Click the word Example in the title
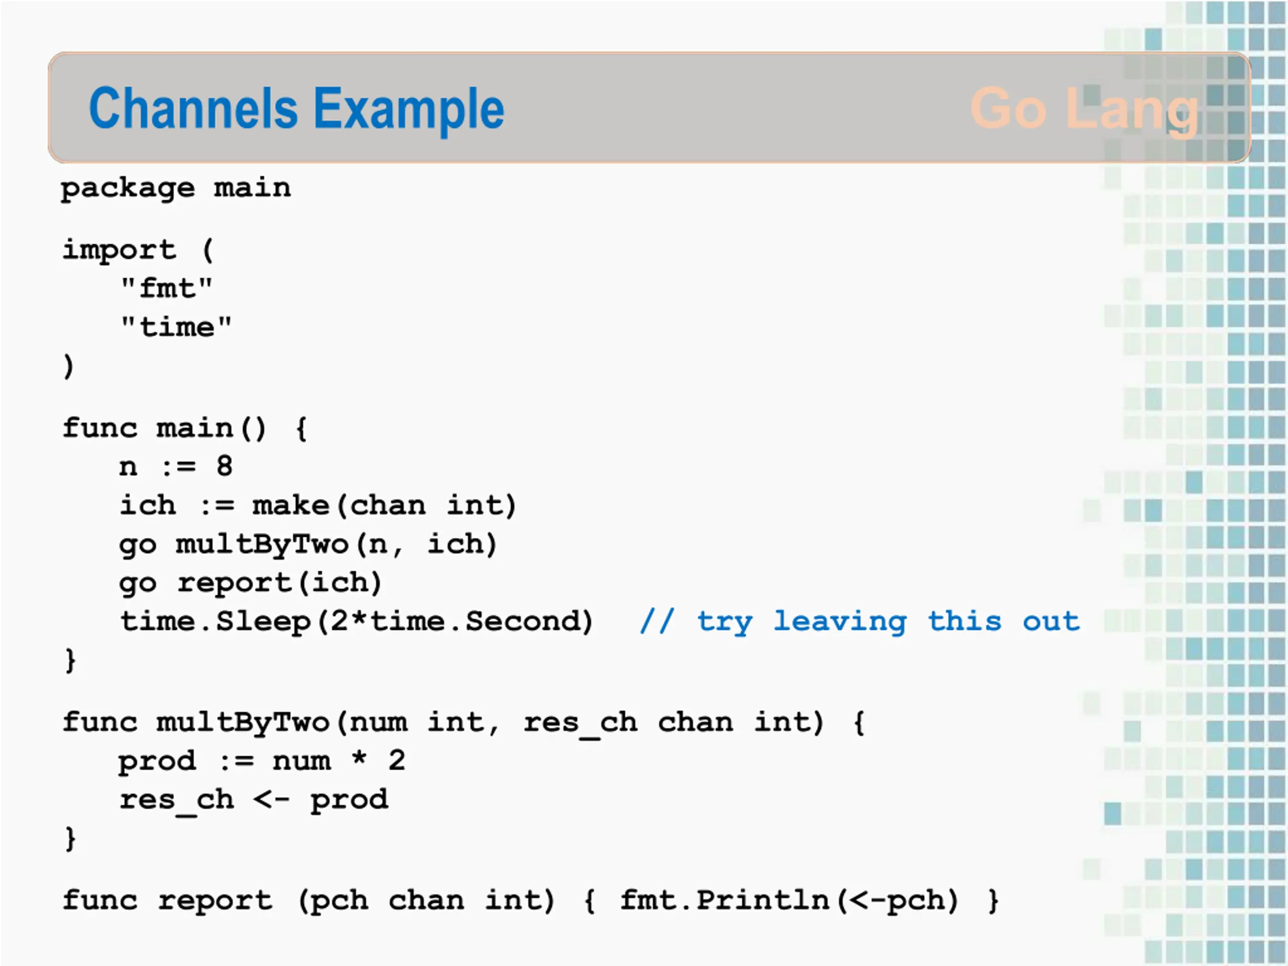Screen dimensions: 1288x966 click(409, 111)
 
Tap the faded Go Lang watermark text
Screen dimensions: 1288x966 click(1084, 110)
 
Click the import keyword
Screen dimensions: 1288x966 click(119, 251)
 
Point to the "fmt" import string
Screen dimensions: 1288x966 click(167, 288)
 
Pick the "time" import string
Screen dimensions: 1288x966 click(176, 327)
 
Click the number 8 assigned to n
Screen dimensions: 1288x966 click(224, 466)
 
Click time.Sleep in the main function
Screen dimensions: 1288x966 click(215, 621)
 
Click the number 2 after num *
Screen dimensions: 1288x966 click(397, 760)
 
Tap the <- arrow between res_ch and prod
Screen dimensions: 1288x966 click(272, 799)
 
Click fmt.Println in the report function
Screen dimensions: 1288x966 click(725, 900)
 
